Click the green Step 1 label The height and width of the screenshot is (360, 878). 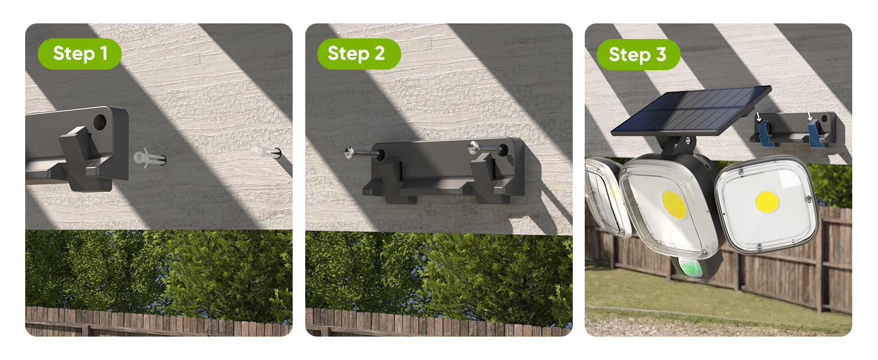[80, 53]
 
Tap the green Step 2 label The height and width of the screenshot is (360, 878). [359, 53]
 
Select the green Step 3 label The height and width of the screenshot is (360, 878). [638, 55]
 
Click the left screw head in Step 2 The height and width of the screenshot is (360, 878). [350, 153]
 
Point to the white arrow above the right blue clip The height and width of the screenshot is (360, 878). [810, 116]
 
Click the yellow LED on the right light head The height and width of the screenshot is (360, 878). [766, 202]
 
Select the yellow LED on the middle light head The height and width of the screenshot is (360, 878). [674, 205]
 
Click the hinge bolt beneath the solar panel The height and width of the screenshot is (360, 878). [684, 142]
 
